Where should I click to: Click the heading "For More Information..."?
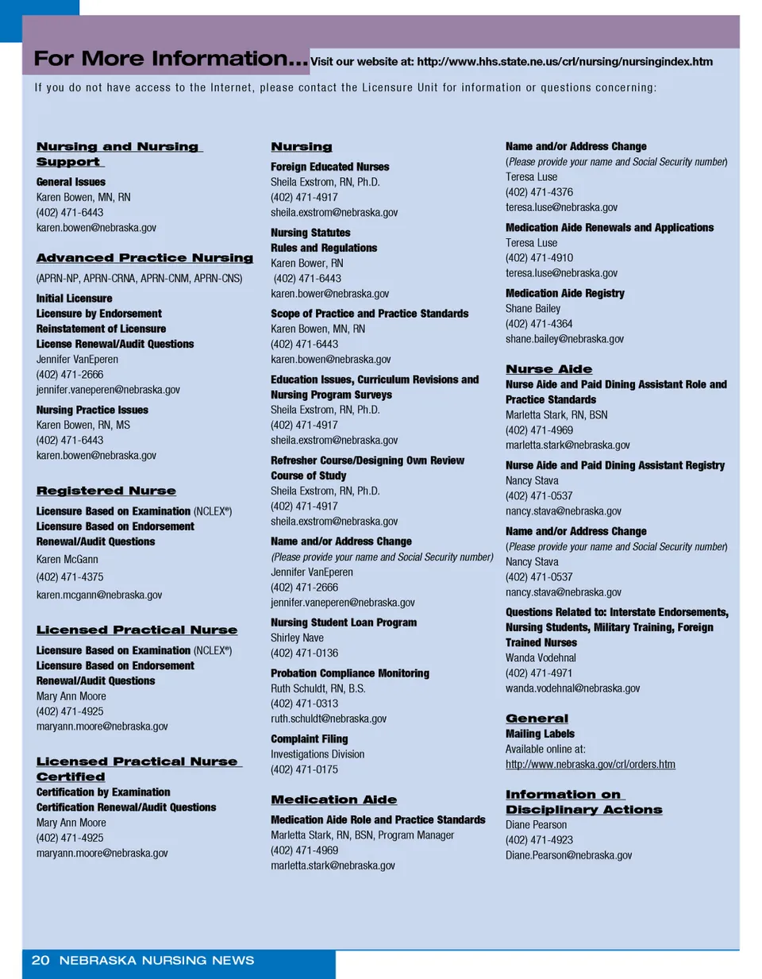pos(170,59)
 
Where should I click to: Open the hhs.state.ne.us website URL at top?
pos(564,62)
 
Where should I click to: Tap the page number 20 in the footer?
pos(40,961)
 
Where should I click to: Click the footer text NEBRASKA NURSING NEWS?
pos(156,961)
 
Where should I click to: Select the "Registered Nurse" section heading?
pos(106,491)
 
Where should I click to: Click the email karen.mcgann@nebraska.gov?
pos(99,595)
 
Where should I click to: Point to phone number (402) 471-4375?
pos(70,577)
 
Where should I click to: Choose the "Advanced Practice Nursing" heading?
pos(144,258)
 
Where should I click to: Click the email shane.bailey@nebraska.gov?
pos(564,339)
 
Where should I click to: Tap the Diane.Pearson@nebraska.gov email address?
pos(568,855)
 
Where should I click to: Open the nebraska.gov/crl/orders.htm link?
pos(591,765)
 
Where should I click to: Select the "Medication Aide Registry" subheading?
pos(565,294)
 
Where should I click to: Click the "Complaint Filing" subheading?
pos(310,739)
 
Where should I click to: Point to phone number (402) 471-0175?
pos(305,769)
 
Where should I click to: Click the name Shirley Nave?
pos(297,638)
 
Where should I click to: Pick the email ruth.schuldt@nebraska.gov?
pos(329,719)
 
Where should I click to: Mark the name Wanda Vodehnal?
pos(541,657)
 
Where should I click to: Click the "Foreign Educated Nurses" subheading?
pos(330,167)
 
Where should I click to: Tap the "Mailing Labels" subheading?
pos(540,734)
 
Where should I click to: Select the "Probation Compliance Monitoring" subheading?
pos(350,673)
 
